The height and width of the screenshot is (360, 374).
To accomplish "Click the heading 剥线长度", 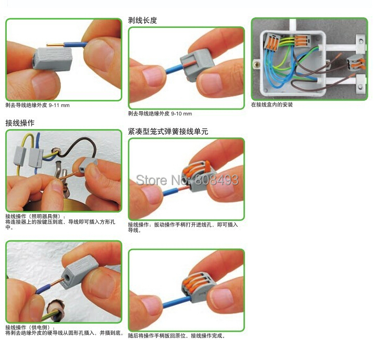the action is pos(142,20).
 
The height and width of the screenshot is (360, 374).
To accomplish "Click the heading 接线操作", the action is pos(20,123).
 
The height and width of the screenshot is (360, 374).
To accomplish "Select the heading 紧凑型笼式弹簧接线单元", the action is pos(168,131).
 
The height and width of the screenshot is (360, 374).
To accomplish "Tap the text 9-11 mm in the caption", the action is pos(59,105).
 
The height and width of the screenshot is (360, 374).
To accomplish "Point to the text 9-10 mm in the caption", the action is pos(181,113).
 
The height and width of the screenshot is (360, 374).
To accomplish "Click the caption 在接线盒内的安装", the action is pos(272,104).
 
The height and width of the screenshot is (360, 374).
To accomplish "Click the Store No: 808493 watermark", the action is pos(187,180).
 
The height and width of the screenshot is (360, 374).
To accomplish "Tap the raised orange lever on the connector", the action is pos(207,166).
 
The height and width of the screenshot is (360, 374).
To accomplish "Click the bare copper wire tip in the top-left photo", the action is pos(56,45).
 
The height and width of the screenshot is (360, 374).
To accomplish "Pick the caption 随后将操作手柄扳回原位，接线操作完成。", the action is pos(176,336).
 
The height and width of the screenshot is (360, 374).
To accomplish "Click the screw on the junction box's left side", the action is pos(257,64).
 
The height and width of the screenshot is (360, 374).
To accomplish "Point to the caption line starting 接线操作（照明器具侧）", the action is pos(35,216).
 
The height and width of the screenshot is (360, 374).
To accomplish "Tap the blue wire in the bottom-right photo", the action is pos(176,302).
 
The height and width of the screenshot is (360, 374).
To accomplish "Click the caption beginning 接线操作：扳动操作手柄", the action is pos(183,225).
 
